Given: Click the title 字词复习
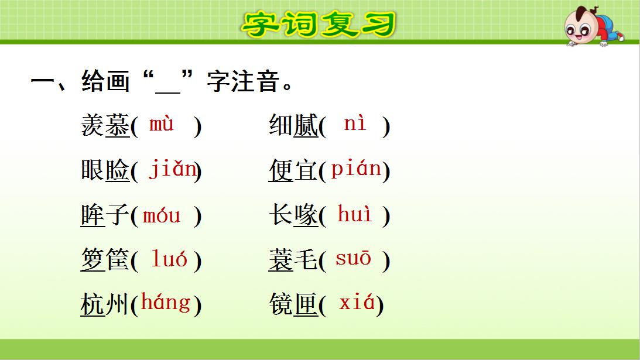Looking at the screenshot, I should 319,23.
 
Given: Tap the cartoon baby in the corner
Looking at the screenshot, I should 591,26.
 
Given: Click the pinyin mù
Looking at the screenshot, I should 162,125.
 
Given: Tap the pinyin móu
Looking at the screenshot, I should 162,215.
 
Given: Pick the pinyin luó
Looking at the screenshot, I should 169,259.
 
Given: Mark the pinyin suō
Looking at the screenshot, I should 353,259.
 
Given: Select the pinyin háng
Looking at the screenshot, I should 166,303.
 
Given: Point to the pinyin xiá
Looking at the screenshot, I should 356,303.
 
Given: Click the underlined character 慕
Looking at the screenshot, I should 117,126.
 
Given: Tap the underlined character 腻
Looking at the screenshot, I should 306,126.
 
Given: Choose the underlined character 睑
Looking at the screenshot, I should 117,170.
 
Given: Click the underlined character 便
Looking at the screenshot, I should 281,170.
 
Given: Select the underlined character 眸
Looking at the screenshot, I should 93,215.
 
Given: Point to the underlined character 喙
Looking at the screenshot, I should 306,215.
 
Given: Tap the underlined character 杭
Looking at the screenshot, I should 93,304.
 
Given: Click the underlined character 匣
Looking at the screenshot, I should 306,304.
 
